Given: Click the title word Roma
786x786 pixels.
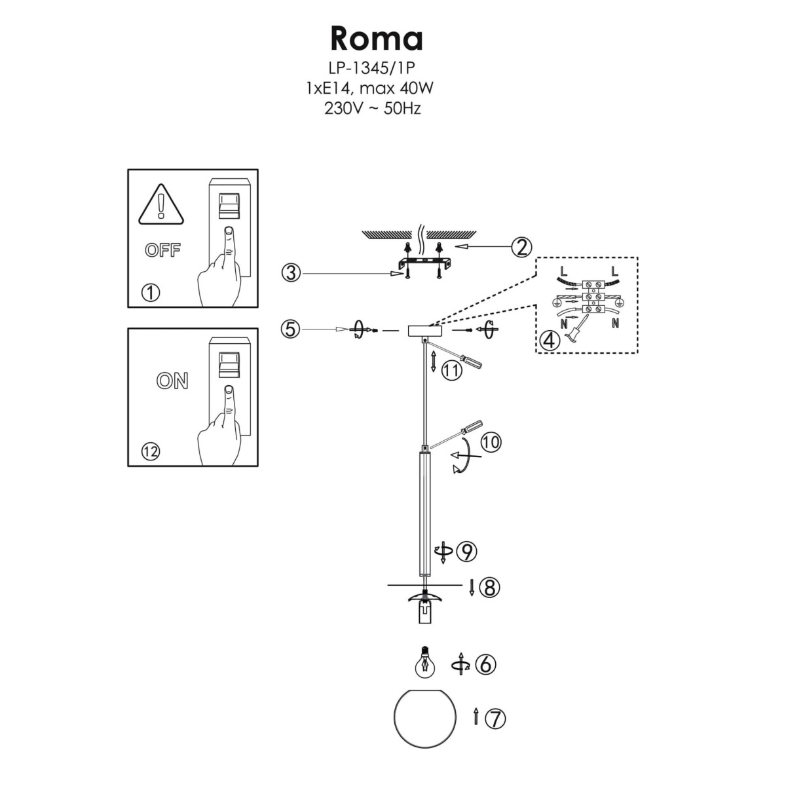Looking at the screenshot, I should [377, 39].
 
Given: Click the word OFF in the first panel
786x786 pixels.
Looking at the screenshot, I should [162, 251].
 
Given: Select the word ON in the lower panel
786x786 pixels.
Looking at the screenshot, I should [172, 381].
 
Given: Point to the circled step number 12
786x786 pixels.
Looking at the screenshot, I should [151, 451].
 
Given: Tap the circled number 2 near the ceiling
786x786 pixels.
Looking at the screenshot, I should [521, 247].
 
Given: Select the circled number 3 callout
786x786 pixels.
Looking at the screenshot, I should [291, 272].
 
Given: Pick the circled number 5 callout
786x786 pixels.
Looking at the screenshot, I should [291, 329].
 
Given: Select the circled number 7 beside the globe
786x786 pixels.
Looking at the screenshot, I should [496, 719].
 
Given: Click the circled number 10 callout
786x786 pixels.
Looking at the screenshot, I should [490, 442].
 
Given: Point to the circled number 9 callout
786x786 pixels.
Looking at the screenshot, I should [466, 552].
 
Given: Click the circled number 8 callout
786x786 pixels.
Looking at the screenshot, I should [489, 588].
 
